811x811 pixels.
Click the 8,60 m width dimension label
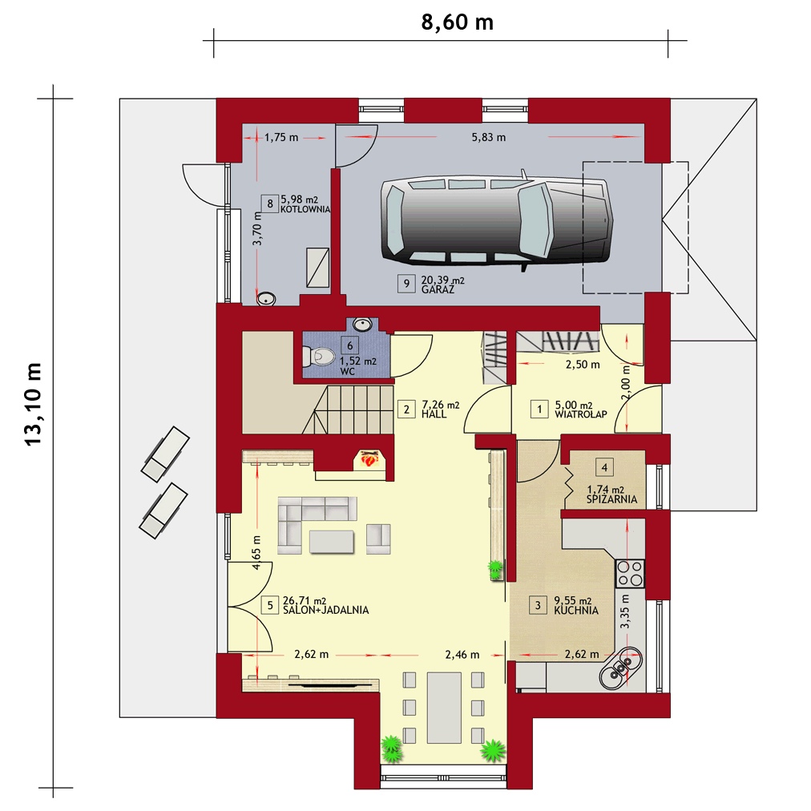coord(458,22)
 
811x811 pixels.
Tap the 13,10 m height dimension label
coord(33,405)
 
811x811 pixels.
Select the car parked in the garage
coord(497,220)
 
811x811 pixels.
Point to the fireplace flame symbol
coord(369,458)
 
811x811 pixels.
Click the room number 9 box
coord(406,284)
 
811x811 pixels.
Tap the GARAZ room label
coord(438,289)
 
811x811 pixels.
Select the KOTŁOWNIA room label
coord(305,209)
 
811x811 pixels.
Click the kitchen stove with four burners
coord(630,574)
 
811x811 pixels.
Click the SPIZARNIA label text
coord(612,499)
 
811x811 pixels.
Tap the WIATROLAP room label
coord(581,414)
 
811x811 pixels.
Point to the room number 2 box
coord(406,410)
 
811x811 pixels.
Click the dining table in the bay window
coord(444,707)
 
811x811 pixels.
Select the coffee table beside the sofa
coord(332,542)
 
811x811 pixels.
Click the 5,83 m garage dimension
coord(489,138)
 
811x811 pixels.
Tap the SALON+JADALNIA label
coord(326,611)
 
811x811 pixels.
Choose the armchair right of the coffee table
coord(378,539)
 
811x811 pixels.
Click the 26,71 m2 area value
coord(305,600)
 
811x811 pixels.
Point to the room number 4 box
coord(604,468)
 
